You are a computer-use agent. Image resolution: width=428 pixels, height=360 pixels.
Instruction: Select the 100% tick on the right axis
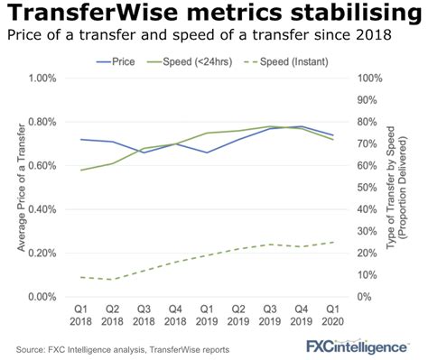[x=373, y=78]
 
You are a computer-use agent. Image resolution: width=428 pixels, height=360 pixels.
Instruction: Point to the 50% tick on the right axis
[x=370, y=188]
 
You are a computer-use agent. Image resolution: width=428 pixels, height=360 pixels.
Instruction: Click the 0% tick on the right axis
[x=368, y=297]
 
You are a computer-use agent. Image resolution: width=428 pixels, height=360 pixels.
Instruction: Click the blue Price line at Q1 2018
[x=81, y=140]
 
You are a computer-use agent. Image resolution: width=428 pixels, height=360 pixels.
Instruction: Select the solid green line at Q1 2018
[x=81, y=170]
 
